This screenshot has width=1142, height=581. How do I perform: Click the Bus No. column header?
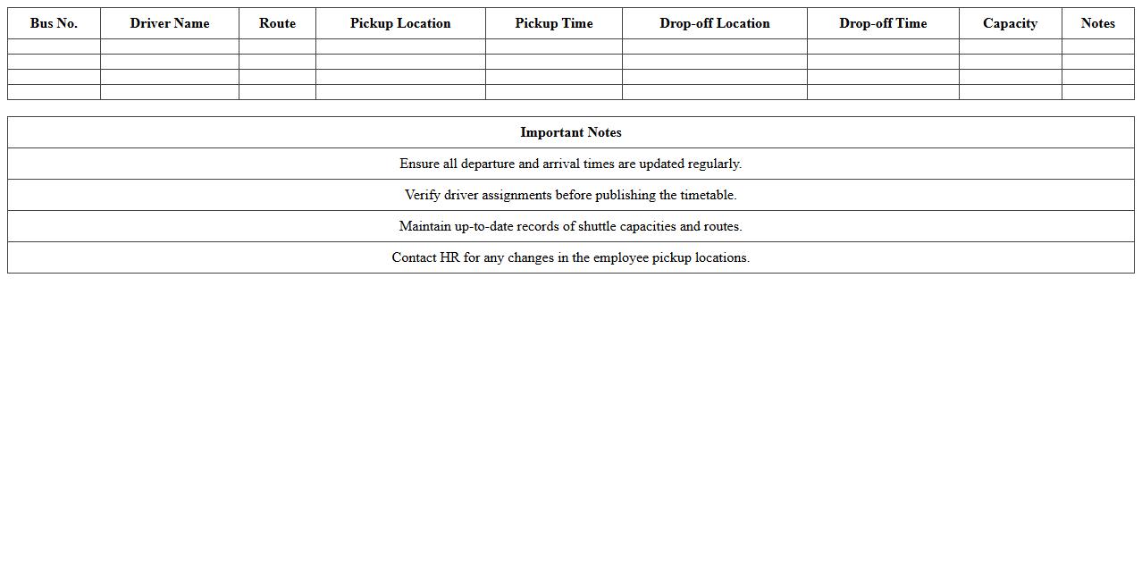coord(54,23)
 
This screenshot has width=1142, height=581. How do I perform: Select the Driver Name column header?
coord(170,23)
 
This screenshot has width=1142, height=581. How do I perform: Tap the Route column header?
coord(277,23)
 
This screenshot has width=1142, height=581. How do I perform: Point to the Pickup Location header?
coord(400,23)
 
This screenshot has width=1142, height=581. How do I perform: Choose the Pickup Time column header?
coord(554,23)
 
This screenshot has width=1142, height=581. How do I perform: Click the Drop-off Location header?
coord(715,23)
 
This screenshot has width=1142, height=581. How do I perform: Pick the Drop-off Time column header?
coord(883,23)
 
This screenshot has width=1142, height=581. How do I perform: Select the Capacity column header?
coord(1010,23)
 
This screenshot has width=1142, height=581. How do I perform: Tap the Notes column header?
coord(1097,23)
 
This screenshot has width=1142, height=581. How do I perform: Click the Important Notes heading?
coord(571,132)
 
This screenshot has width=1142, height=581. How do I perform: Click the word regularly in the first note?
coord(715,164)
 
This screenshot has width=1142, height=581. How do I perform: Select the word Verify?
coord(423,195)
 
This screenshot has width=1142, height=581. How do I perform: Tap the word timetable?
coord(708,195)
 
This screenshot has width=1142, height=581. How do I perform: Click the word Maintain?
coord(425,226)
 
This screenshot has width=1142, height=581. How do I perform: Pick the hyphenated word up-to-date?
coord(483,227)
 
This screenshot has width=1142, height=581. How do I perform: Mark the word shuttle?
coord(597,226)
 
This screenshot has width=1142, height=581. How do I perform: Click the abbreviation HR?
coord(449,257)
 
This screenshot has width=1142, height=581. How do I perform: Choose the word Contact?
coord(414,257)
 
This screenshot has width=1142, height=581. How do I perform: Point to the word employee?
coord(620,258)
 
